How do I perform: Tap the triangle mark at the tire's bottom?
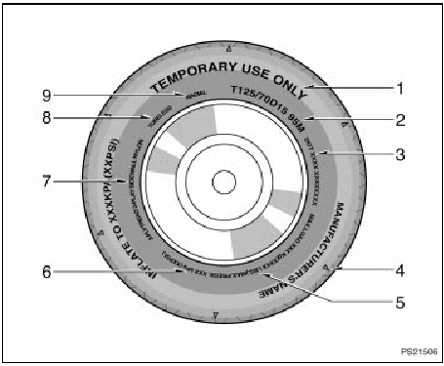coord(216,314)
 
